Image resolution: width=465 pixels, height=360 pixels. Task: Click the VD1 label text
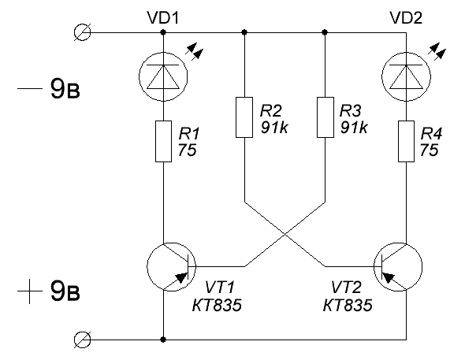pos(163,18)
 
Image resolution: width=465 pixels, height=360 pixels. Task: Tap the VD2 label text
pos(406,18)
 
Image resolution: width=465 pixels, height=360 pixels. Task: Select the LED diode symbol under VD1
pos(163,76)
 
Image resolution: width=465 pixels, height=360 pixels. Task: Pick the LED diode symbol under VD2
pos(406,76)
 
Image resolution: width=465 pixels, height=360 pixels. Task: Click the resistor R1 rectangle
pos(163,141)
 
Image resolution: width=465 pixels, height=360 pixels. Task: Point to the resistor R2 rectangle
pos(244,117)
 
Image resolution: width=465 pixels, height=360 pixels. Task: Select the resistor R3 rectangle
pos(325,117)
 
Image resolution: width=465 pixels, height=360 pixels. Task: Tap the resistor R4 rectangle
pos(406,141)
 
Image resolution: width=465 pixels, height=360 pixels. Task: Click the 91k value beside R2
pos(274,128)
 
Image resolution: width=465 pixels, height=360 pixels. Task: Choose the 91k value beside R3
pos(354,128)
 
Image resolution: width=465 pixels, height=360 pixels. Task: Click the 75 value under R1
pos(188,150)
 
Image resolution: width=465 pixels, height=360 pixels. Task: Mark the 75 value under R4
pos(429,150)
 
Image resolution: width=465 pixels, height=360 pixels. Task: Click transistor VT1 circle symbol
pos(171,267)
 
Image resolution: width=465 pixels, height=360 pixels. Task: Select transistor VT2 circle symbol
pos(398,267)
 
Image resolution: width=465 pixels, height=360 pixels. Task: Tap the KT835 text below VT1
pos(217,305)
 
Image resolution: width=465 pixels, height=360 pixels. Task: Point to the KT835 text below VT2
pos(348,305)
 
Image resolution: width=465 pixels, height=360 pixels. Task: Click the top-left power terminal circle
pos(82,32)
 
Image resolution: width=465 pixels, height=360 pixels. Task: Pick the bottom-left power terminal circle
pos(82,340)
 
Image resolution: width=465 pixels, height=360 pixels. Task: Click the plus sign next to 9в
pos(29,291)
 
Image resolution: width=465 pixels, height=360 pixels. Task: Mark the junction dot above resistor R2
pos(244,32)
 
